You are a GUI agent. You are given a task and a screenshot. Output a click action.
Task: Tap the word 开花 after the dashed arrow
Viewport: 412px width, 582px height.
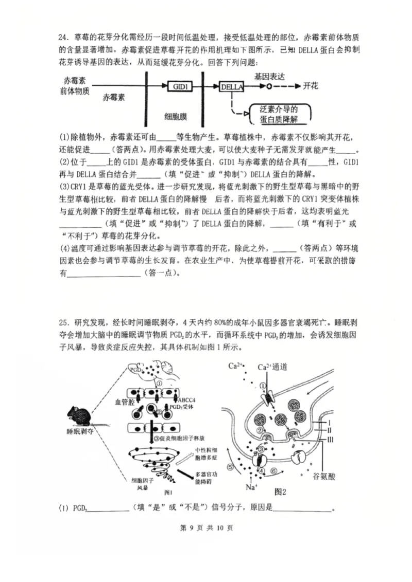[x=311, y=86]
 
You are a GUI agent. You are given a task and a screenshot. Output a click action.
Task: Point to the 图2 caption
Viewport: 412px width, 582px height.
[x=281, y=492]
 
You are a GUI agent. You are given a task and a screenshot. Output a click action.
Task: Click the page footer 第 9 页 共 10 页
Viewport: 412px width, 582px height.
[x=205, y=528]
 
